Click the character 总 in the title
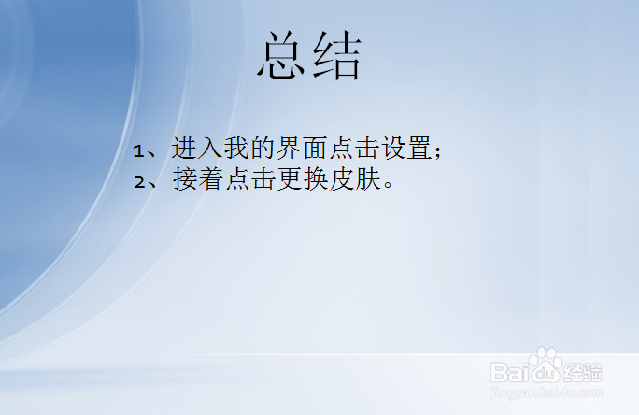(283, 56)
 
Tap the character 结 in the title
(337, 56)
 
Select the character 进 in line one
(184, 149)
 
